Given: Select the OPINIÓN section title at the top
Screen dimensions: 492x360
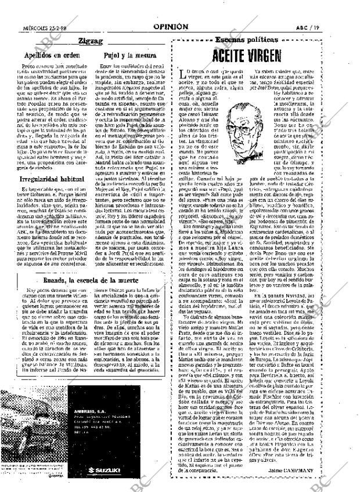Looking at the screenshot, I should pos(170,26).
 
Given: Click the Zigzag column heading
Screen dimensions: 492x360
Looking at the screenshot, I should pos(90,41).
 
